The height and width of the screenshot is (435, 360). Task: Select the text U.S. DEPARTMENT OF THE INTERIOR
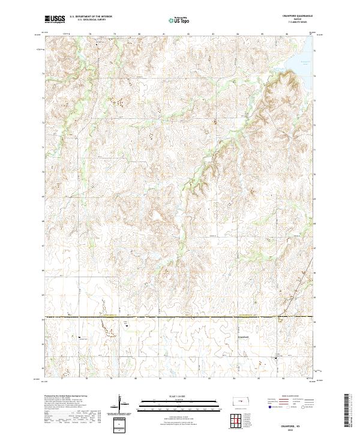tap(91, 17)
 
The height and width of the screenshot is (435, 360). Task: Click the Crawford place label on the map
tap(239, 337)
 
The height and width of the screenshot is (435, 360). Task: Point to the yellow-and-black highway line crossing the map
tap(180, 316)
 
